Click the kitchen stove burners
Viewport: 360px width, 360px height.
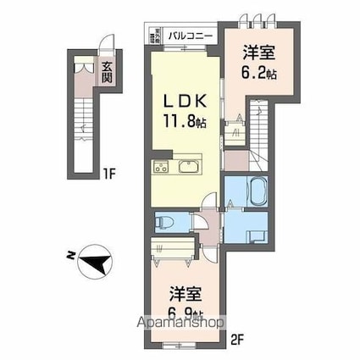(161, 167)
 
